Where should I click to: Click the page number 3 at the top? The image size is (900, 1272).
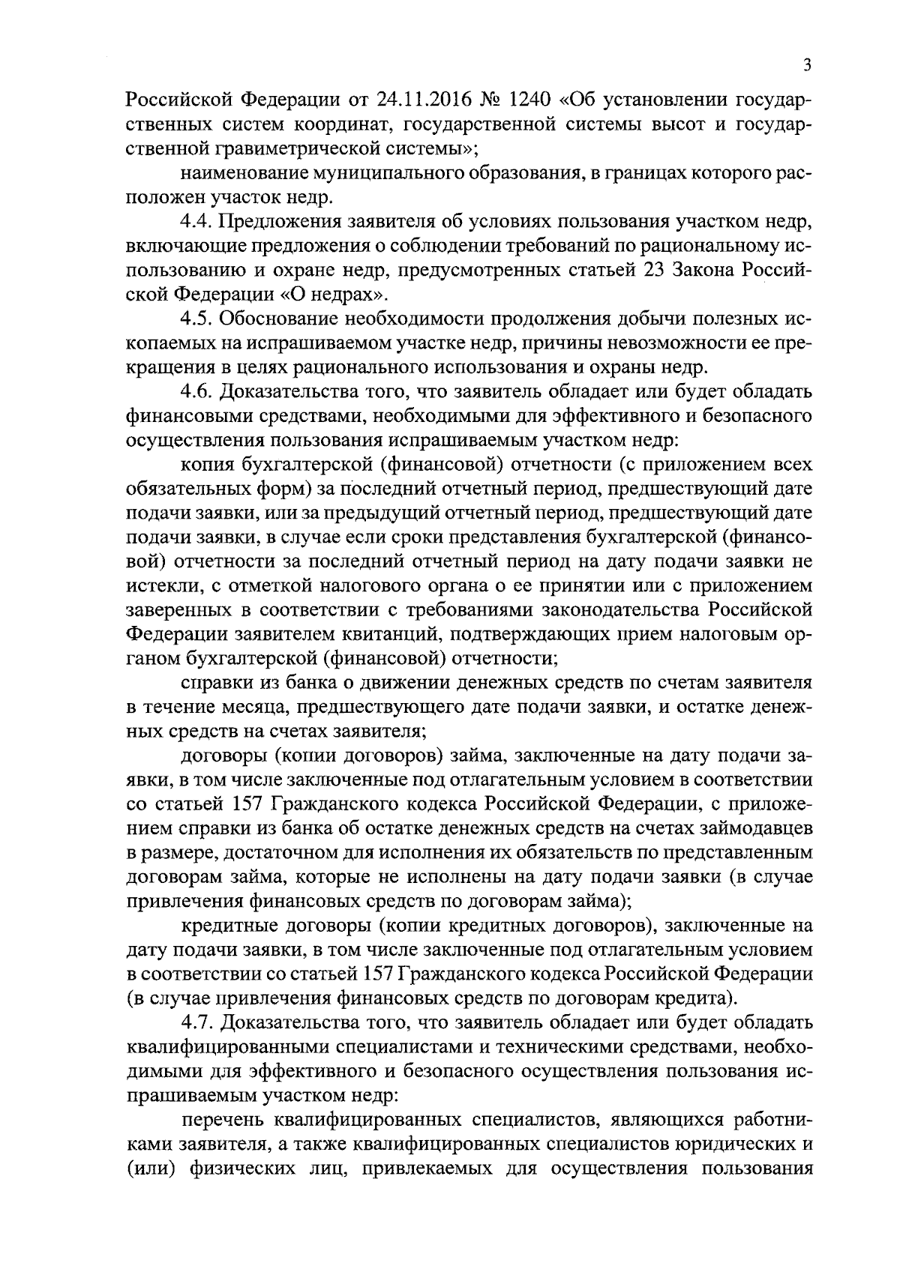point(806,65)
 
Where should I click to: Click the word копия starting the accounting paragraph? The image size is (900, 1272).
point(207,464)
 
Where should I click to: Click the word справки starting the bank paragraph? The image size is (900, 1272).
point(214,682)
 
